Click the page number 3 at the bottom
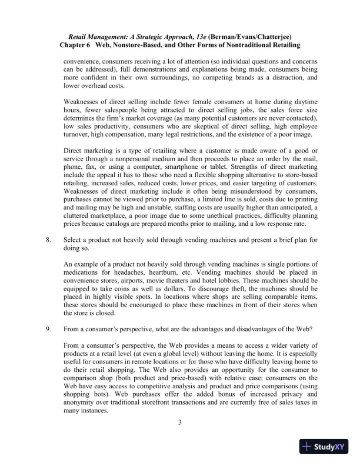pyautogui.click(x=180, y=421)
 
